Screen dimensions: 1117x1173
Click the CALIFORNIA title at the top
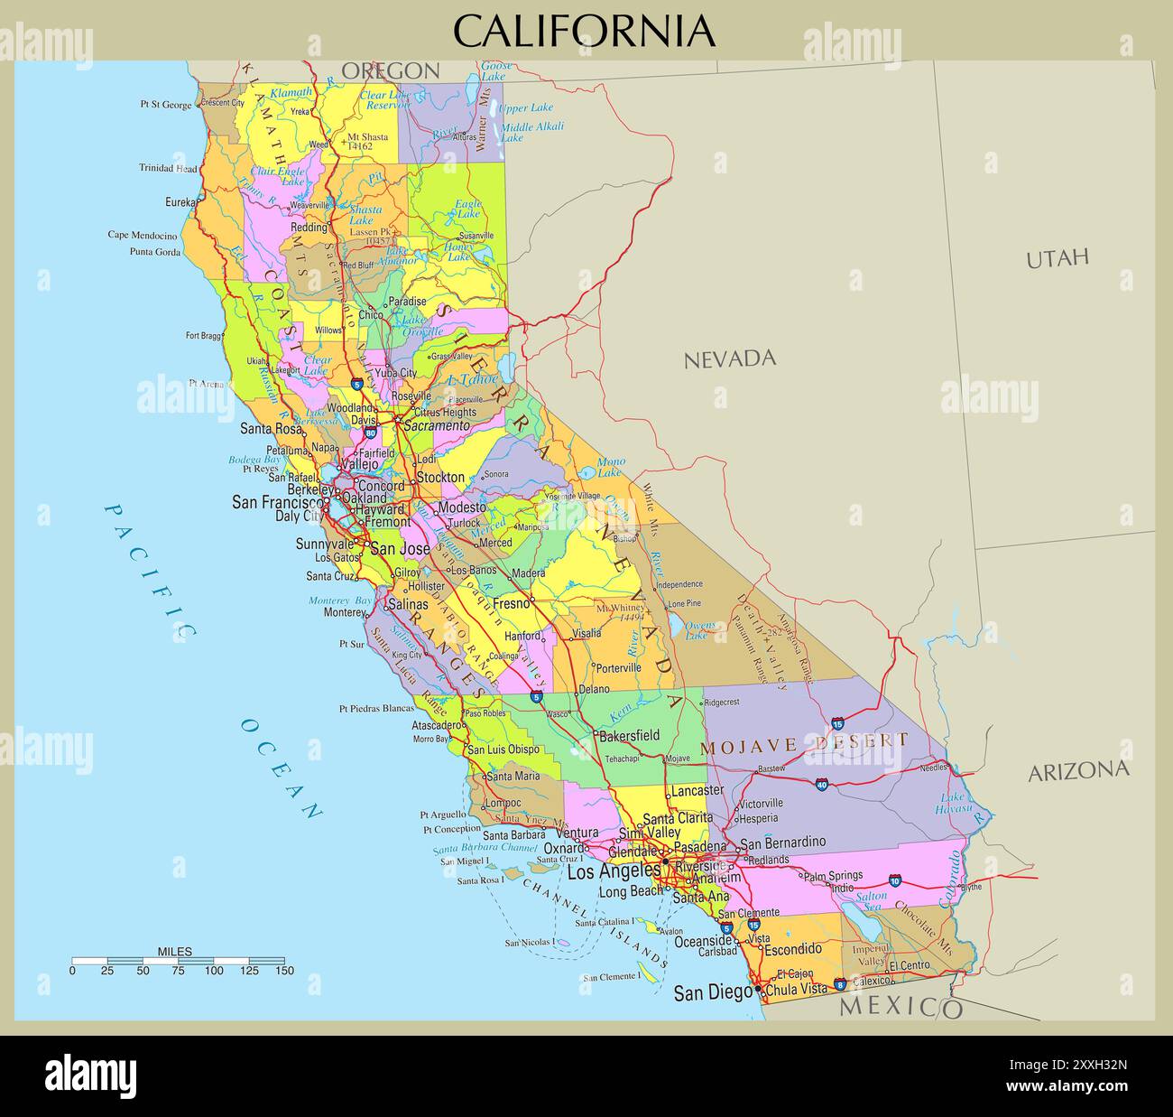584,31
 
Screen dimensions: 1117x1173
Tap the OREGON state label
391,70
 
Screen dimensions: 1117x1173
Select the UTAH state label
1057,258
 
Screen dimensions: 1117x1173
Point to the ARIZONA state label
1078,770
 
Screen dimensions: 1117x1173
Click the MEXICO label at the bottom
901,1007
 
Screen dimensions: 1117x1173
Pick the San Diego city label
713,993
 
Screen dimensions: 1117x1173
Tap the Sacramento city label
437,425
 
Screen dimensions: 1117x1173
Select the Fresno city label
510,603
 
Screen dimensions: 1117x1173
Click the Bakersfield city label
629,735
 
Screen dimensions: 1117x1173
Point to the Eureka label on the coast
180,202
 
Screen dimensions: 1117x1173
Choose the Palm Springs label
833,875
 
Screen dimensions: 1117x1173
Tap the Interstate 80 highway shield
371,433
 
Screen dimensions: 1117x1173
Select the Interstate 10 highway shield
894,879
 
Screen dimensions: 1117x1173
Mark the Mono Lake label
611,467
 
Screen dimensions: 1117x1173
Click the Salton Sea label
871,901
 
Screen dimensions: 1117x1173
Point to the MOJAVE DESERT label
805,744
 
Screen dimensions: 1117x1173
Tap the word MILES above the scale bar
174,952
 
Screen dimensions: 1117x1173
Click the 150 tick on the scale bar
284,971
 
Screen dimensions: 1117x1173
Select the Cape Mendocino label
143,235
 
